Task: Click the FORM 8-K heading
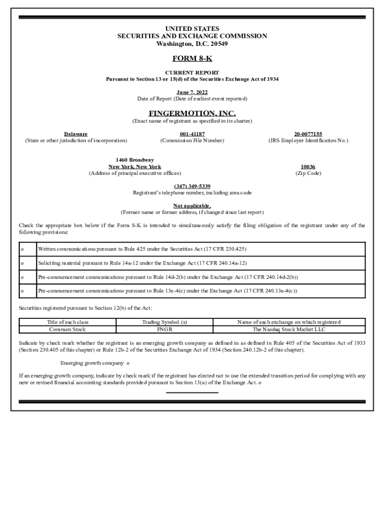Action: coord(191,59)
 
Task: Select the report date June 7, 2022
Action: coord(191,92)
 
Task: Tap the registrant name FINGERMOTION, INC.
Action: coord(191,114)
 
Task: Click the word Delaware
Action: coord(76,134)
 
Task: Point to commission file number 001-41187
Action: coord(191,134)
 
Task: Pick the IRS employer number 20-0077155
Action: coord(308,134)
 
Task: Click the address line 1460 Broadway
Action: coord(134,160)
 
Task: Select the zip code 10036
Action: coord(308,167)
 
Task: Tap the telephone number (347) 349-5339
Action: coord(191,186)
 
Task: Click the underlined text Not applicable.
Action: coord(191,206)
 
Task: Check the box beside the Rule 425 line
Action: coord(22,249)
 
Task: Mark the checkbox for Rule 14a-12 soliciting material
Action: coord(22,263)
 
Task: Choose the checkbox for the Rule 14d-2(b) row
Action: coord(22,277)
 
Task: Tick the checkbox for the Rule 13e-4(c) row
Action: coord(22,291)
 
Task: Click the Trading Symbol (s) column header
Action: coord(164,322)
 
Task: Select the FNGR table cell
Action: coord(164,329)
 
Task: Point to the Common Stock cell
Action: coord(67,329)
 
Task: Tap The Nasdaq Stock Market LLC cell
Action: coord(289,329)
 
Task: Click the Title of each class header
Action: coord(67,322)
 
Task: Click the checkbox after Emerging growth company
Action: coord(128,363)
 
